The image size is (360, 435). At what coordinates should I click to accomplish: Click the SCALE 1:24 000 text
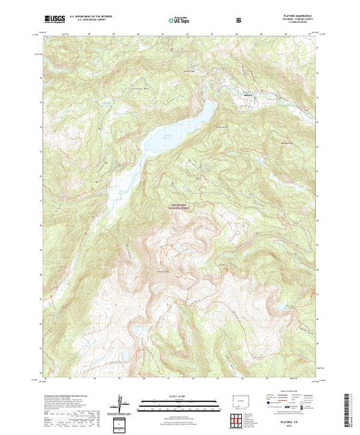175,396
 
